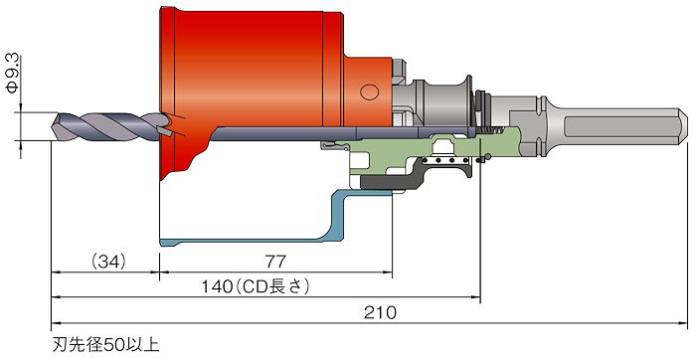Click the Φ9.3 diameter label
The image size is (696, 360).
(12, 74)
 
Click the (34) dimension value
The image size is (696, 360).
(108, 262)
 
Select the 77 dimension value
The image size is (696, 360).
(275, 262)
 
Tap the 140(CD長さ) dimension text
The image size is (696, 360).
(256, 286)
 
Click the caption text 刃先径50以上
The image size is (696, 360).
(106, 345)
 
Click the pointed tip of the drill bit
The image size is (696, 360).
(53, 126)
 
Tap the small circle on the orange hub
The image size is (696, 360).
(369, 91)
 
